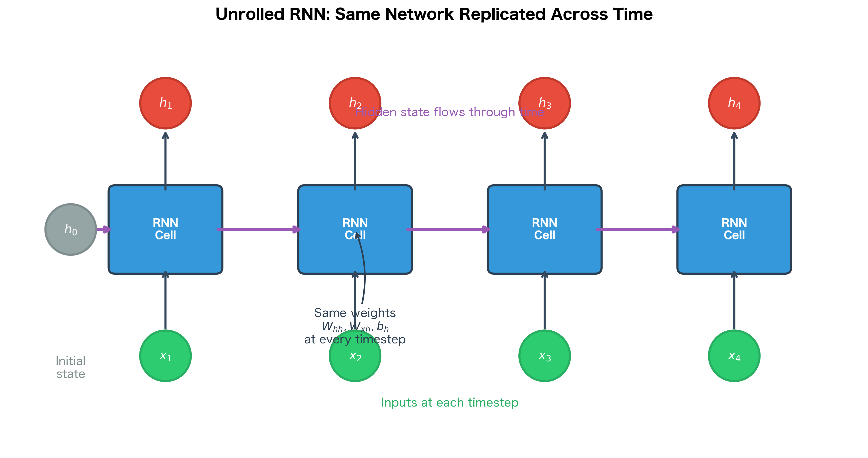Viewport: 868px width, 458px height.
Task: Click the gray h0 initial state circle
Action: point(71,229)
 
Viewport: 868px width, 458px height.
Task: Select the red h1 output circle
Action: point(165,103)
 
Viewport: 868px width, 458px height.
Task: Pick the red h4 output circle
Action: point(734,103)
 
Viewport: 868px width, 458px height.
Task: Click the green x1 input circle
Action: point(165,356)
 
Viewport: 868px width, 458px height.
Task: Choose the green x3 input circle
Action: point(545,356)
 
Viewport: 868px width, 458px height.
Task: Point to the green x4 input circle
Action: point(734,356)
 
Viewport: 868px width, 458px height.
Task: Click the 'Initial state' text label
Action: point(71,367)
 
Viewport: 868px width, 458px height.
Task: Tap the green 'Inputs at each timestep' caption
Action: point(450,402)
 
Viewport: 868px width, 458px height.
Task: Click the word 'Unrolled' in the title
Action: point(250,14)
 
